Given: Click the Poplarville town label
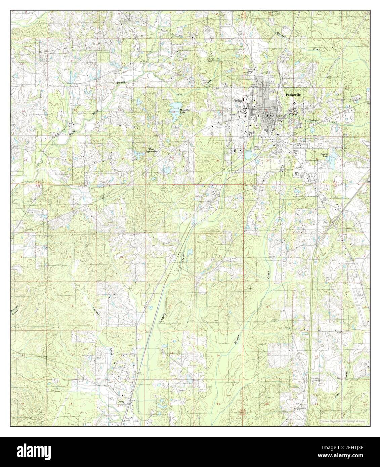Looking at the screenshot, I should [293, 95].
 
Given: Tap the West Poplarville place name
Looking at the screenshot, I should [151, 150].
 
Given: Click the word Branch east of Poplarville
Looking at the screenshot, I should [332, 122].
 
